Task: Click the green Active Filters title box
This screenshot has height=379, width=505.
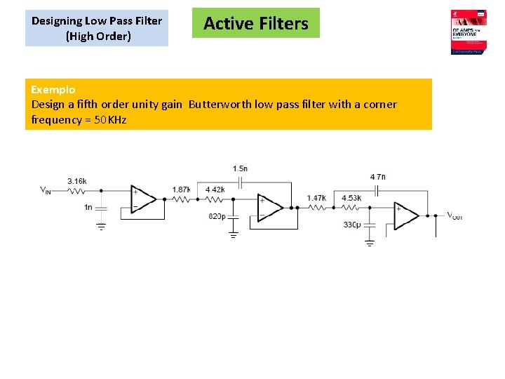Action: [255, 23]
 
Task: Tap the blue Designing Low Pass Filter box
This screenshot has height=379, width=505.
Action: [97, 29]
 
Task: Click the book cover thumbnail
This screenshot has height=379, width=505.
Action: [469, 32]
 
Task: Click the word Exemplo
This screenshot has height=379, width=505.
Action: [53, 89]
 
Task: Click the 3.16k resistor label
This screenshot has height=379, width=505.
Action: [77, 182]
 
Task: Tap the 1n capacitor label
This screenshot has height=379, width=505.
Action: [88, 207]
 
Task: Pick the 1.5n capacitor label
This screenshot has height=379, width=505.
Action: [240, 168]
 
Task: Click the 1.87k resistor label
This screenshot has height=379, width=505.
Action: [181, 189]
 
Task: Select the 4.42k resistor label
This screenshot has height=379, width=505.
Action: [215, 189]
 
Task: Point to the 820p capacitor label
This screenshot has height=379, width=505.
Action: [217, 216]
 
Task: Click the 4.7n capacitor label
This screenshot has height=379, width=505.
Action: [377, 177]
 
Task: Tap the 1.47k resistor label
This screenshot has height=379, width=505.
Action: [317, 199]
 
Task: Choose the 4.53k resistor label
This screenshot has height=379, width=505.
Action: [351, 199]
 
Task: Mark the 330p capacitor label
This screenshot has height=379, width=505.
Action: [351, 225]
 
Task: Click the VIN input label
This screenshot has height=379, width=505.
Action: [45, 190]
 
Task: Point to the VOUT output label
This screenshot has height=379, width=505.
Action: [454, 216]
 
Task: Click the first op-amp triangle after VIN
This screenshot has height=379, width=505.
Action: [144, 199]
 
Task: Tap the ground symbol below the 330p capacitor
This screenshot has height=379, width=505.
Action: [370, 243]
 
